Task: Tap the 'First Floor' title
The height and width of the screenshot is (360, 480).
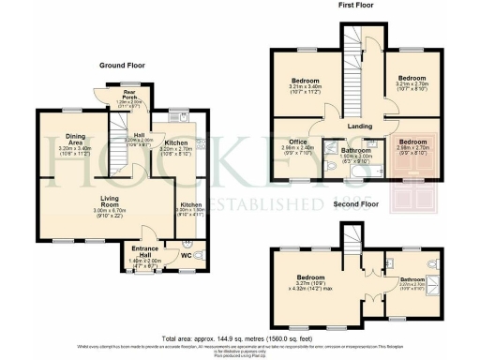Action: (x=353, y=7)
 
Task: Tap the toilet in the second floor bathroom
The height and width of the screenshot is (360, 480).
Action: (x=430, y=265)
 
